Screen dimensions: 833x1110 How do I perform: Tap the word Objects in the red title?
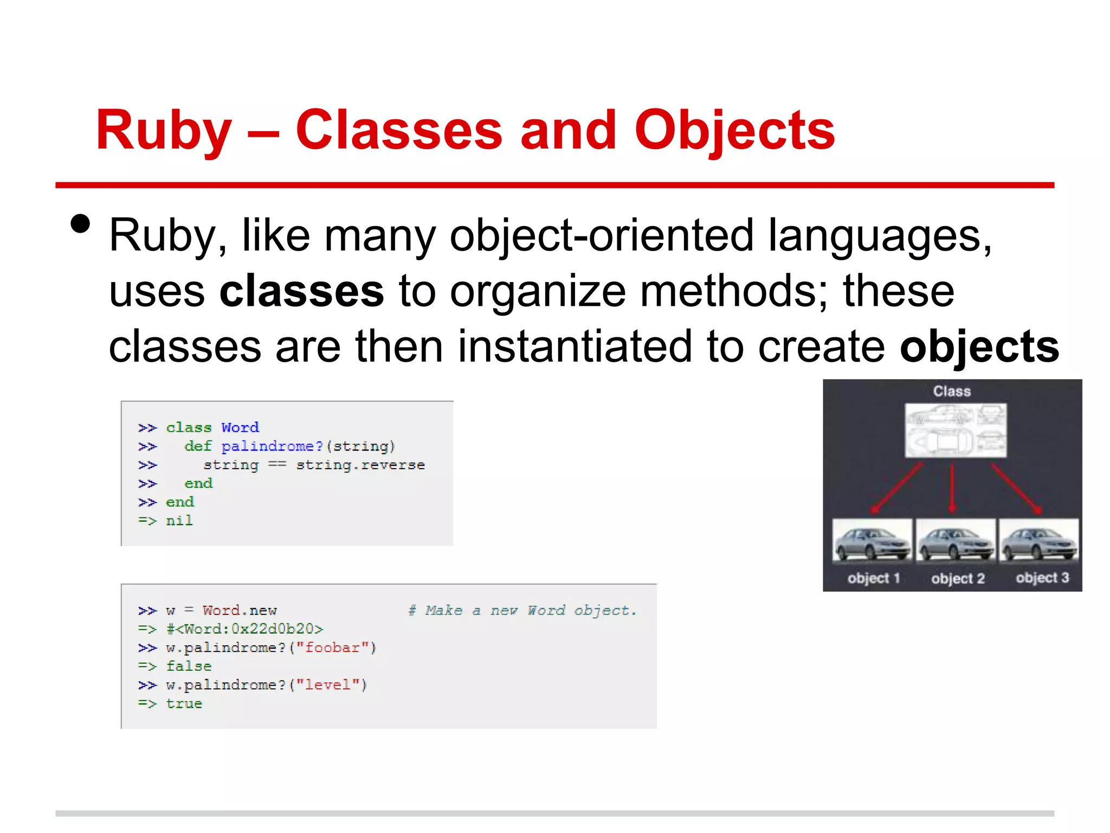[x=734, y=131]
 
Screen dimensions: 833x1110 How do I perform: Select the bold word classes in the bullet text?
[x=301, y=291]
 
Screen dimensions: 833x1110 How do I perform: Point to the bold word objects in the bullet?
[x=979, y=347]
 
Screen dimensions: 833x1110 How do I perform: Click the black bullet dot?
[x=80, y=223]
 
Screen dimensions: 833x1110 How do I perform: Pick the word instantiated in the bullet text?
[x=575, y=347]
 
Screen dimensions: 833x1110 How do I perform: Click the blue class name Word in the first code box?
[x=240, y=427]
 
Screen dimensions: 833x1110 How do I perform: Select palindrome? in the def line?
[x=272, y=446]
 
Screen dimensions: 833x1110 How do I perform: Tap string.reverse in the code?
[x=360, y=465]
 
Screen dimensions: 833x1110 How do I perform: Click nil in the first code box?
[x=179, y=521]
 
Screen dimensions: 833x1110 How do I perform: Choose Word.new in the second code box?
[x=240, y=611]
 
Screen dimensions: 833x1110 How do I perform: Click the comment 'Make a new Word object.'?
[x=522, y=611]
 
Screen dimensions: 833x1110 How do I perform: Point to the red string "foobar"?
[x=332, y=648]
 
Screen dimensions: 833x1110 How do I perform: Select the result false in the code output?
[x=189, y=666]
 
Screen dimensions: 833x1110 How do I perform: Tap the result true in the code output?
[x=184, y=703]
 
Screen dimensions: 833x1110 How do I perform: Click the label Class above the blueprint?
[x=952, y=391]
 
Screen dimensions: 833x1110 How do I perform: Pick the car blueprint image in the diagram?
[x=956, y=431]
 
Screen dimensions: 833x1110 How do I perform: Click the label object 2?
[x=958, y=578]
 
